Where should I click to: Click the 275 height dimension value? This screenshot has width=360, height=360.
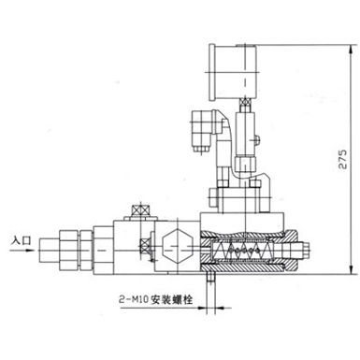(342, 159)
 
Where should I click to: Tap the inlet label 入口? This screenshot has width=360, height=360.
(22, 241)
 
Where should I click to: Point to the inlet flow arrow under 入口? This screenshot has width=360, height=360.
(22, 250)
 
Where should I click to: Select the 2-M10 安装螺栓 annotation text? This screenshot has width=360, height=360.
(155, 300)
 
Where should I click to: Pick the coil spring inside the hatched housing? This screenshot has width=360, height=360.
(243, 251)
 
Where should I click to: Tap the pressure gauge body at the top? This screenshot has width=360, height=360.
(234, 72)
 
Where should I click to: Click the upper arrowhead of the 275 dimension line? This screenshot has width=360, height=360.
(352, 50)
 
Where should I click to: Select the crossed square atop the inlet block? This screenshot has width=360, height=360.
(140, 209)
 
